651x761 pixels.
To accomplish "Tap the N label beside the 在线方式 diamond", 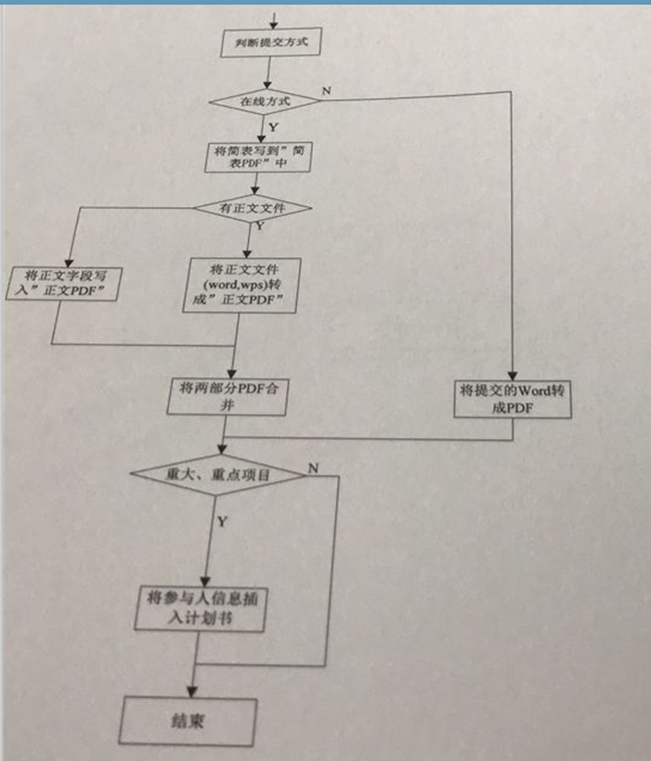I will point(326,89).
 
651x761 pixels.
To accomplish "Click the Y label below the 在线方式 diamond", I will point(272,125).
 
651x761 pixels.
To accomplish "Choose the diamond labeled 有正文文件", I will point(253,209).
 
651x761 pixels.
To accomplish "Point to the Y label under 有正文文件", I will point(259,225).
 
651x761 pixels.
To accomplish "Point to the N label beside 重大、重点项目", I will point(313,467).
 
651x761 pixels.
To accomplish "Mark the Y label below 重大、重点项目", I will point(222,522).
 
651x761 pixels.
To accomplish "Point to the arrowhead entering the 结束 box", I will point(191,690).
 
